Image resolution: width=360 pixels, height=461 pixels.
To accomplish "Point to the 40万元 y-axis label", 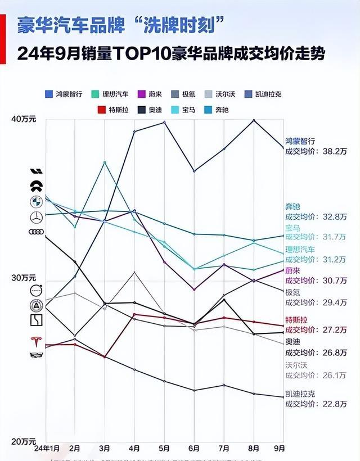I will coord(24,119).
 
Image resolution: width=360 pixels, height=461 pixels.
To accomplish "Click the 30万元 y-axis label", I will coord(24,278).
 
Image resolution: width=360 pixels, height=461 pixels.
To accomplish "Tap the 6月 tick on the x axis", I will coord(194,448).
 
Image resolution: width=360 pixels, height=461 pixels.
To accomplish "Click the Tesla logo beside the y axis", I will coord(37,342).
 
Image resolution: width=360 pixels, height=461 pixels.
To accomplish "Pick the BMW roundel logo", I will coord(37,201).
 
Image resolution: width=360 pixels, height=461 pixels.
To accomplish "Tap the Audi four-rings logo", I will coord(37,232).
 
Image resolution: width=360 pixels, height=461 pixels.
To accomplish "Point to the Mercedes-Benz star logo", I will coord(37,217).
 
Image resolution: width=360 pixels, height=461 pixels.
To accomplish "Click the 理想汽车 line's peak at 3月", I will coord(105,162).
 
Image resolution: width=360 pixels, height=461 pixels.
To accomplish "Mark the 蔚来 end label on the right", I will coord(293,270).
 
